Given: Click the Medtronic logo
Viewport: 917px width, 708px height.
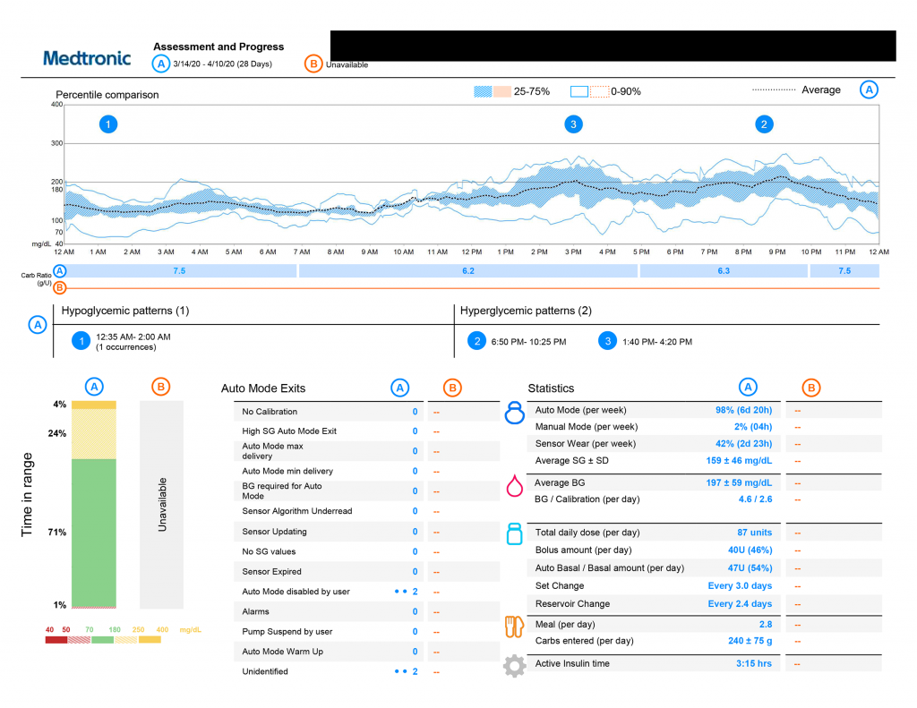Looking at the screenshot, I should pos(87,58).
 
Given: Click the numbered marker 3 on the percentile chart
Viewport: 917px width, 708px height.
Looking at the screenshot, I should pos(573,124).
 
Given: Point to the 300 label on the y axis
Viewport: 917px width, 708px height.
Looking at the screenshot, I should pos(56,143).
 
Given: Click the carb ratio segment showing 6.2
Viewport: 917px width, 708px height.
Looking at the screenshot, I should pos(467,270).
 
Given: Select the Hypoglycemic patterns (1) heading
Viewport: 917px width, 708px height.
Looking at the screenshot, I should pos(125,311).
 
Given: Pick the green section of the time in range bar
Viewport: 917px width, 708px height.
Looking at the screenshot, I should pos(94,533).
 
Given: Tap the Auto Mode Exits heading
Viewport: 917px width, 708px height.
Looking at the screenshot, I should pos(263,388).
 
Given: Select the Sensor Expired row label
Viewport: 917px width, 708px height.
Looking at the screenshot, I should pos(271,571).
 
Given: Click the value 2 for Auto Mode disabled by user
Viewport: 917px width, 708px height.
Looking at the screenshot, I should pos(415,592).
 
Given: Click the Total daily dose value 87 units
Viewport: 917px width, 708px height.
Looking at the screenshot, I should pos(754,533).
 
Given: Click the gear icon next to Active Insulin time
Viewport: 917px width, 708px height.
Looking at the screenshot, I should pos(514,665).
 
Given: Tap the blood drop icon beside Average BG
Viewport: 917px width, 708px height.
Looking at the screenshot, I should pos(514,486).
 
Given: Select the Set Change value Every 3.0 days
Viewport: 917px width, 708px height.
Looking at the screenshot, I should pos(740,586).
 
